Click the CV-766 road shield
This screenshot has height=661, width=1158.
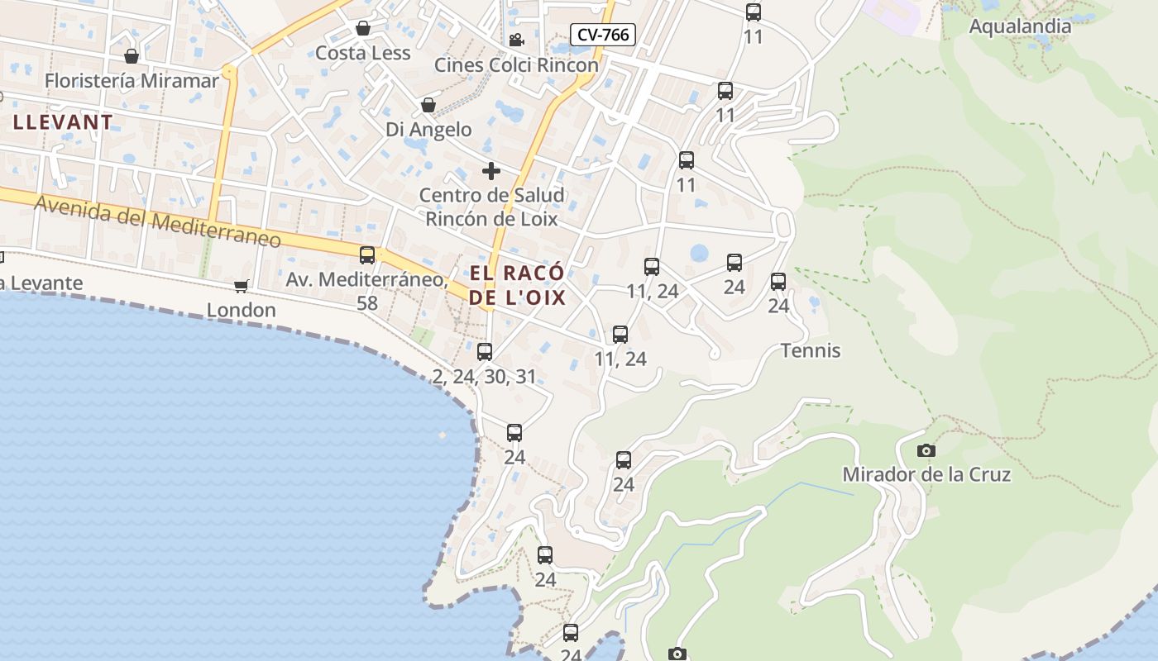(603, 35)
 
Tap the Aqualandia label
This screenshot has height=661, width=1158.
(1020, 26)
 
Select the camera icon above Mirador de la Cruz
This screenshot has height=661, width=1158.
(926, 450)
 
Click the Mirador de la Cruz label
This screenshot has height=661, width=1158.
(926, 475)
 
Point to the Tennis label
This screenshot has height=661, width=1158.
(811, 351)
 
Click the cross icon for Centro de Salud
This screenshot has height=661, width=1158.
(491, 171)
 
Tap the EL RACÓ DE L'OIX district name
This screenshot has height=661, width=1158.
(518, 285)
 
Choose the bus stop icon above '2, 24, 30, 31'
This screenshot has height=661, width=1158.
(485, 352)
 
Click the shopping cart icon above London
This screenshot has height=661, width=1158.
(241, 286)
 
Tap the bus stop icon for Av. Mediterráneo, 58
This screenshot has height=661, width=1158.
(367, 255)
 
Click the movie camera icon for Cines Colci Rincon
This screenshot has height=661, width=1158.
(517, 40)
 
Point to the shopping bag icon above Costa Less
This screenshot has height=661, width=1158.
(362, 29)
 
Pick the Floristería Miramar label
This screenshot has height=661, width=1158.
(132, 81)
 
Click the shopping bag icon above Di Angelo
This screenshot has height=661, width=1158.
(428, 105)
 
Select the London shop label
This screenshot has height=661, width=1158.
(241, 310)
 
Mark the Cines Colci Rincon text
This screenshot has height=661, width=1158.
(516, 65)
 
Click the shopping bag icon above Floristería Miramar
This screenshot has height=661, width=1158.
(131, 56)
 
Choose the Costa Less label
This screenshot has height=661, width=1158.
(362, 54)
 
